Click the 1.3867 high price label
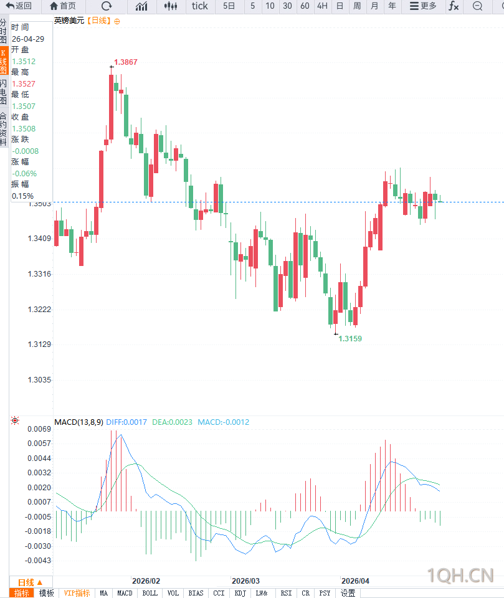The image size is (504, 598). tap(126, 62)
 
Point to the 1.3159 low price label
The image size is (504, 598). tap(350, 339)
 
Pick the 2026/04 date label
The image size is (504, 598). tap(355, 580)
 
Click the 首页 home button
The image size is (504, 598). tap(63, 6)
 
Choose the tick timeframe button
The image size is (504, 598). tap(200, 6)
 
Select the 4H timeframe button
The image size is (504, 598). tap(322, 6)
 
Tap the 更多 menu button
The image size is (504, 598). tap(423, 6)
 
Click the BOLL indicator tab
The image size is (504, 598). tap(150, 593)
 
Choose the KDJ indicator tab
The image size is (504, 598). tap(240, 593)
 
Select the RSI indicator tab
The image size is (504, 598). tap(286, 593)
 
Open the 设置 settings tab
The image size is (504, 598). tap(348, 593)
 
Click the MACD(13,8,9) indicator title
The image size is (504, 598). tap(78, 422)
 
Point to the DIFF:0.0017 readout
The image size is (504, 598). tap(126, 422)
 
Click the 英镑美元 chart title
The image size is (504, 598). tap(69, 21)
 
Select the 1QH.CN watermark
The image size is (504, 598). tap(460, 574)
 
